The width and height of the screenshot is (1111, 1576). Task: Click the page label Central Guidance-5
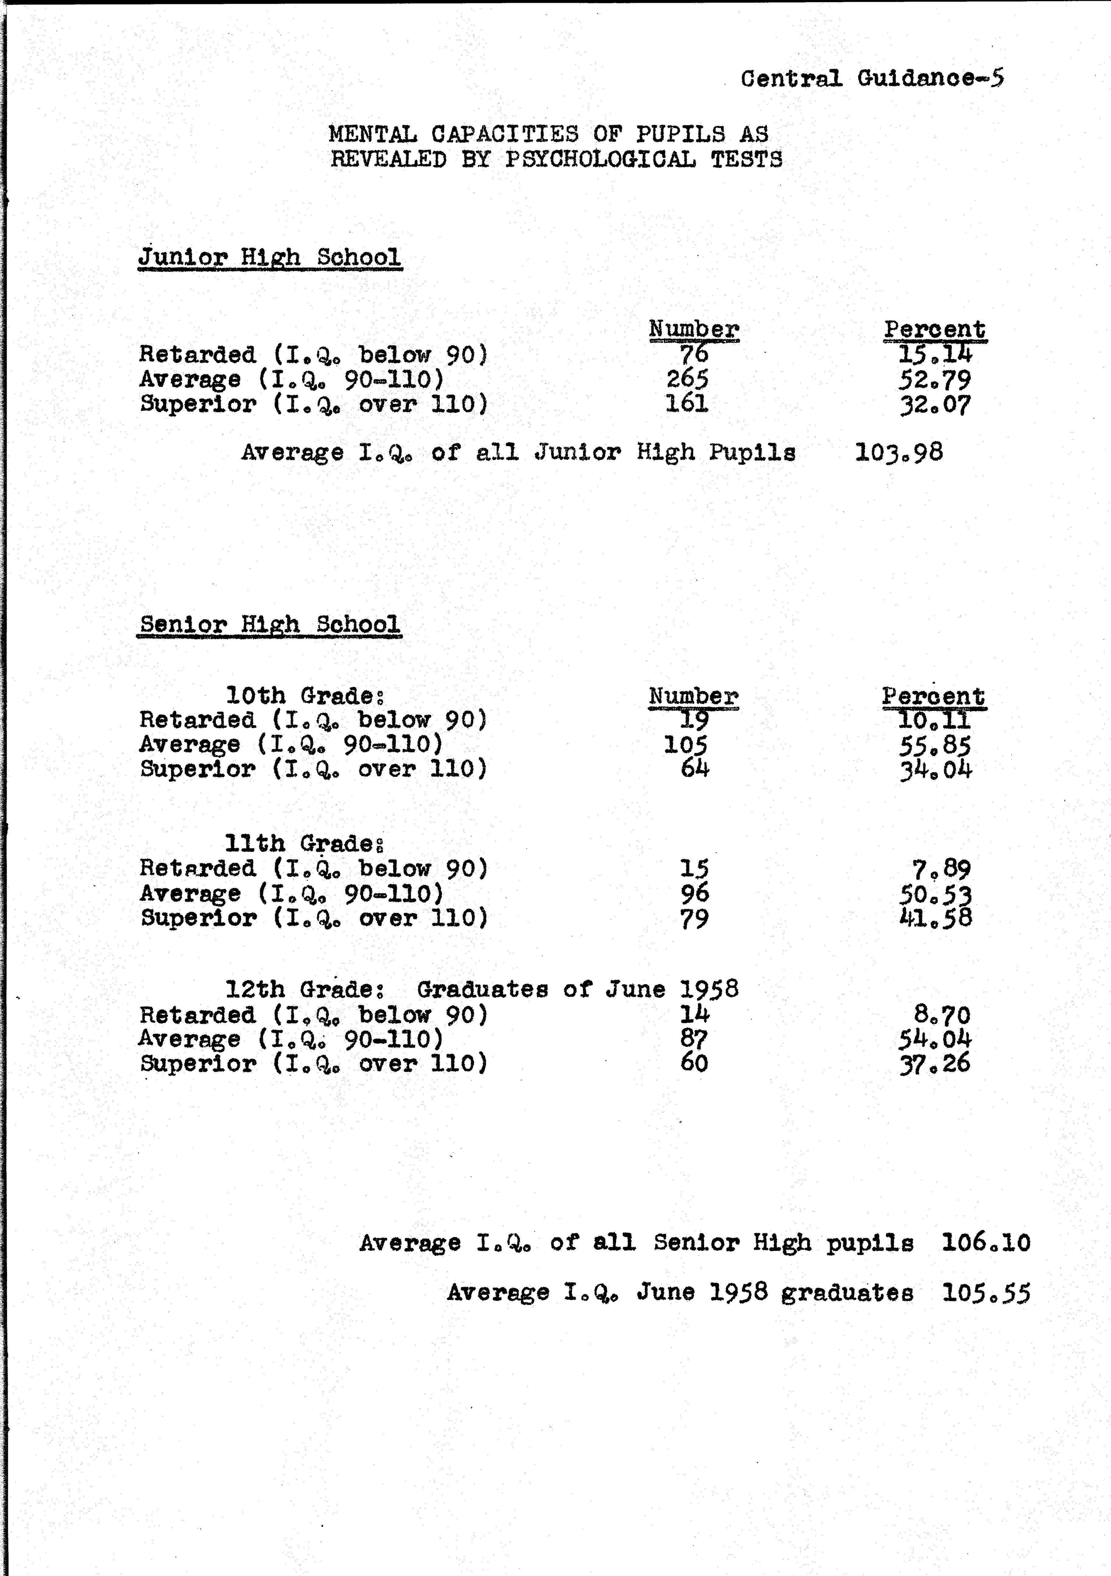[872, 78]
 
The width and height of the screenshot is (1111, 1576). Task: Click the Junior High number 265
[687, 379]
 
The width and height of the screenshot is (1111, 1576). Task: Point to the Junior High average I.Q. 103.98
[899, 452]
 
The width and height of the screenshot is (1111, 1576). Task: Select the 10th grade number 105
[685, 745]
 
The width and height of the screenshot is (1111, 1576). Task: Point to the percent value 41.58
[935, 918]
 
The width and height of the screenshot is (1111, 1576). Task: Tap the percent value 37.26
[935, 1063]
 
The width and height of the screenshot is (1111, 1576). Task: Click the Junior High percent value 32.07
[935, 404]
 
